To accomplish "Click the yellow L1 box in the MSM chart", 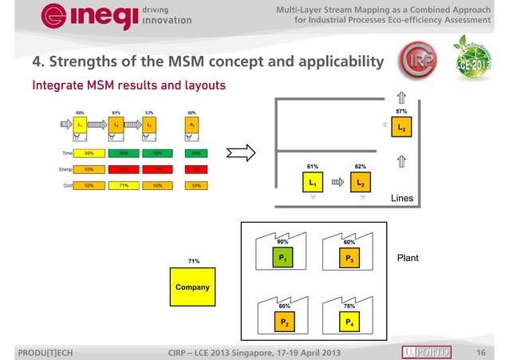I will (x=81, y=125).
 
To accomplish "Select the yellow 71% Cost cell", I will (x=124, y=185).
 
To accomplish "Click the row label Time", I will (x=57, y=152).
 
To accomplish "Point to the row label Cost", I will (x=57, y=185).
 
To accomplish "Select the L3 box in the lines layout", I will (x=401, y=129).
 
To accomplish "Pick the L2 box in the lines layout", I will (x=361, y=183).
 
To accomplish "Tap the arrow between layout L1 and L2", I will (x=337, y=182).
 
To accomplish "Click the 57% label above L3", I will (x=401, y=112).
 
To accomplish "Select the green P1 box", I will (x=282, y=258).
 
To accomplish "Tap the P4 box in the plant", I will (x=349, y=322).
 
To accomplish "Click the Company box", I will (x=194, y=287).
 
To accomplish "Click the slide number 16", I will (x=480, y=352).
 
